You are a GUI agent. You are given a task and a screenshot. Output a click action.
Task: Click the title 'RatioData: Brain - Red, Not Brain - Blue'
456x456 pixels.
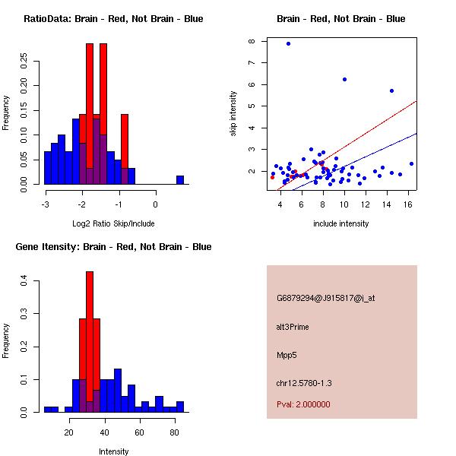coord(113,19)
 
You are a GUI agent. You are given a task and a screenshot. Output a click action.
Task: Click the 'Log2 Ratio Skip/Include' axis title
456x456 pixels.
coord(113,224)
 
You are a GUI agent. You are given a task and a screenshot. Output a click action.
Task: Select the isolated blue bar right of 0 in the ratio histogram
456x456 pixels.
coord(180,180)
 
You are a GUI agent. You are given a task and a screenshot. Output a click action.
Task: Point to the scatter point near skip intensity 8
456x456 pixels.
coord(288,43)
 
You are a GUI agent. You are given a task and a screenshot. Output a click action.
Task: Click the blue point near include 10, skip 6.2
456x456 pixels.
coord(344,79)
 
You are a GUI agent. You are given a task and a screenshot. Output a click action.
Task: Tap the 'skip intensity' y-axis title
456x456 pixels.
coord(234,114)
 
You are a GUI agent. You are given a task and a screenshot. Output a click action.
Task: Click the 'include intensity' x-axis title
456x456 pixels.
coord(340,224)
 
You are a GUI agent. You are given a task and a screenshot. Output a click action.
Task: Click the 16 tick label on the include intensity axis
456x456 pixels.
coord(410,204)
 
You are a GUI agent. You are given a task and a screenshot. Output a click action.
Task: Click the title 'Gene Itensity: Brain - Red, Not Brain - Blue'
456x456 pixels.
coord(113,247)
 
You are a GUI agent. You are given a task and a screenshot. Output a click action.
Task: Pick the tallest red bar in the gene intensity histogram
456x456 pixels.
coord(90,342)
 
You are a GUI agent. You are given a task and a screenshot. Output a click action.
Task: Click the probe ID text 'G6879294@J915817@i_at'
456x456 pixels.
coord(325,298)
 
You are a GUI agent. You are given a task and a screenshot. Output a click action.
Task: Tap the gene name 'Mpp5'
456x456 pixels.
coord(287,355)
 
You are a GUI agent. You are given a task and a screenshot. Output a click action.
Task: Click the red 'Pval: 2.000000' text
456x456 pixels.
coord(303,404)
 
